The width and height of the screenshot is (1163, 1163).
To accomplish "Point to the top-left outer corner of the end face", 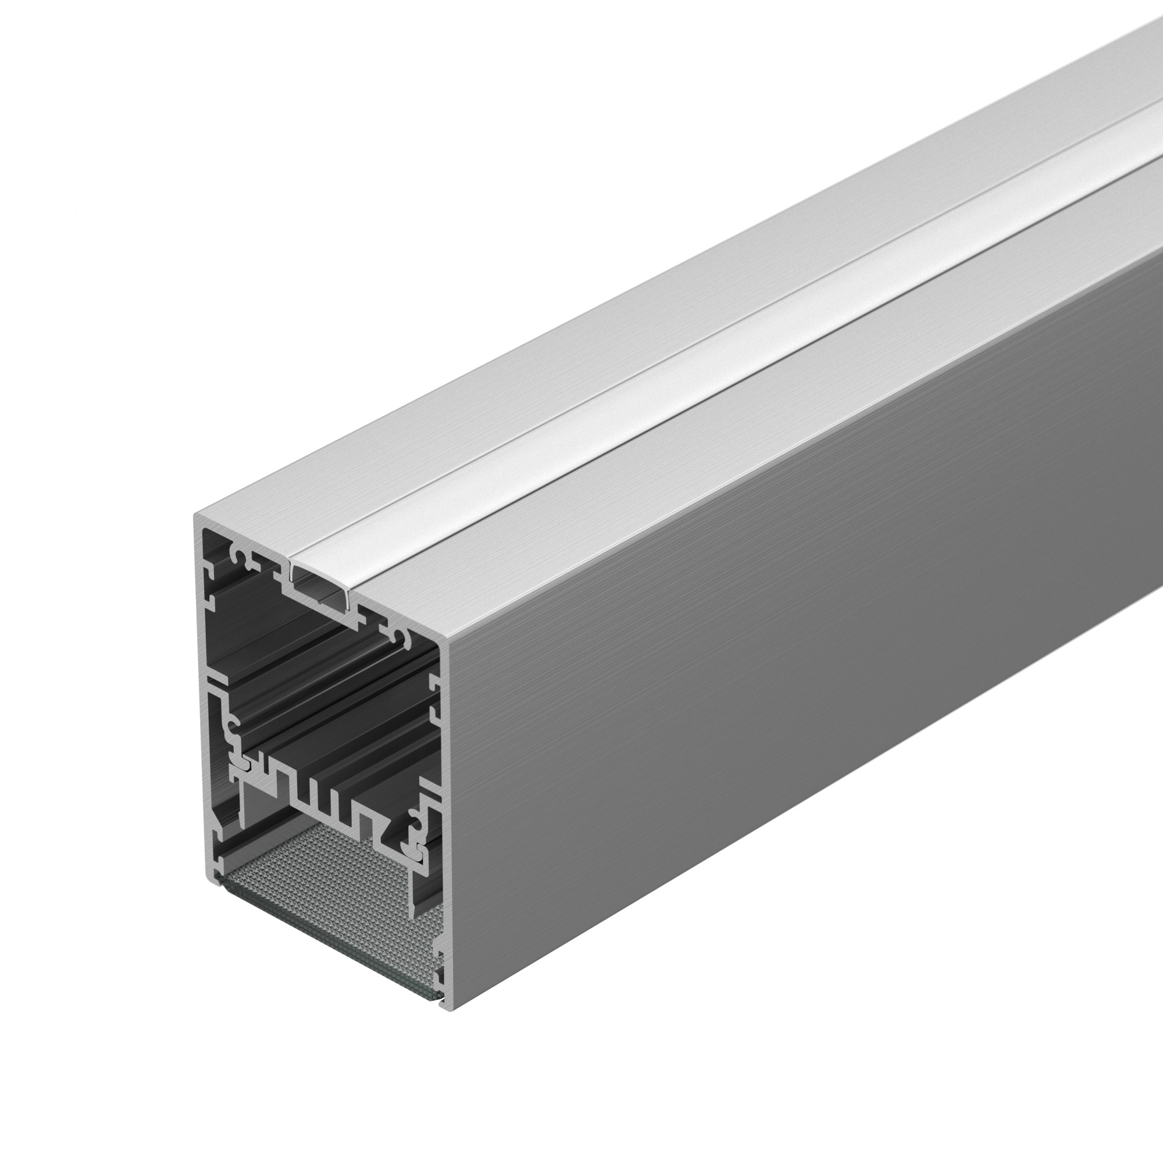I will click(x=196, y=516).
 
